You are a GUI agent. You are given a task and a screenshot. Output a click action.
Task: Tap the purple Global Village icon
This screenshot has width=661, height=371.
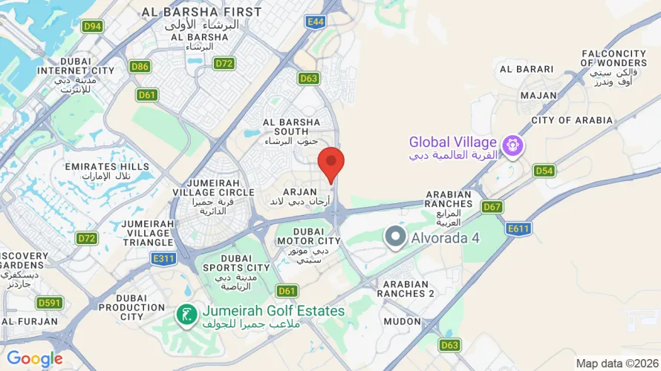click(x=512, y=145)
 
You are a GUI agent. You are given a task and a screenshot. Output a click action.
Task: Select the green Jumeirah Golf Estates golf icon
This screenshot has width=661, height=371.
click(x=186, y=315)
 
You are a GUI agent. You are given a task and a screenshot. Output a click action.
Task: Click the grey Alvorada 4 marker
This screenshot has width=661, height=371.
click(x=396, y=237)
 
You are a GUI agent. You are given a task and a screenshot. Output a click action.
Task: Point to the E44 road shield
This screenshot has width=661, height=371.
click(x=316, y=22)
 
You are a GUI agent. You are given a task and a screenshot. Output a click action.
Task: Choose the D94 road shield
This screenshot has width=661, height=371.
click(x=92, y=27)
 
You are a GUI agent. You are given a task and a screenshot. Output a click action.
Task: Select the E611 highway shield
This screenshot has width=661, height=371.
click(x=518, y=229)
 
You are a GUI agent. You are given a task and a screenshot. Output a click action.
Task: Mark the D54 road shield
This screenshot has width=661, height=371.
click(x=544, y=171)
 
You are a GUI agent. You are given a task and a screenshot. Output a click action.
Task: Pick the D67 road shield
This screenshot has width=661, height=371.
click(x=492, y=206)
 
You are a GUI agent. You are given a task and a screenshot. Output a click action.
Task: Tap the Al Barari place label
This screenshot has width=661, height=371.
click(x=527, y=69)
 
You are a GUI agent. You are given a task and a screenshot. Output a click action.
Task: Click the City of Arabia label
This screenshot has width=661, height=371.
click(x=572, y=120)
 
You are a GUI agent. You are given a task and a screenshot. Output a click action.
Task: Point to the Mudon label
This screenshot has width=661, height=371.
click(x=402, y=321)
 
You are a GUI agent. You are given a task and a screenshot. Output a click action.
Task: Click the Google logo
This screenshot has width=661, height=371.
click(x=34, y=360)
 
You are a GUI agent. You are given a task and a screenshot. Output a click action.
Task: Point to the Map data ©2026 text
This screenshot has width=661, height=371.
click(x=616, y=364)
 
